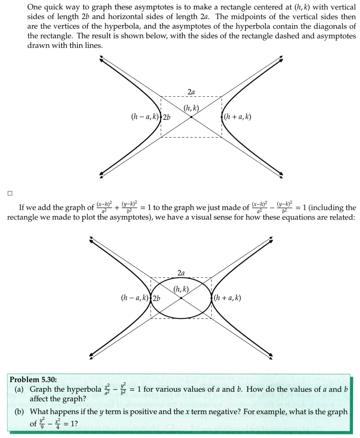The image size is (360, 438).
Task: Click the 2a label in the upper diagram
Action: [191, 92]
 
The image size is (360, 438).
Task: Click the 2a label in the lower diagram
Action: [181, 272]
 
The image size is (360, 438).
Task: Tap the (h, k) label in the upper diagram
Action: [191, 109]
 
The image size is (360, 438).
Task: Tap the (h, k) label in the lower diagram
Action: [181, 289]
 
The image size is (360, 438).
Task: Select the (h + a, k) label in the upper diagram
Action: [237, 117]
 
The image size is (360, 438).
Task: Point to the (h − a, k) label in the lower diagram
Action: [135, 298]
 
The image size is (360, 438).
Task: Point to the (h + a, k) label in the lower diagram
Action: [227, 298]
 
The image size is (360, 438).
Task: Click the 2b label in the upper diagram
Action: [166, 117]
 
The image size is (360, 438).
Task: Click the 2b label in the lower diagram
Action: [156, 298]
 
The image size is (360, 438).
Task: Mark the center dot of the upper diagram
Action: [191, 117]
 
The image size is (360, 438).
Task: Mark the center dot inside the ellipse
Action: [181, 298]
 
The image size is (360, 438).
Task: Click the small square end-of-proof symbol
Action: [10, 193]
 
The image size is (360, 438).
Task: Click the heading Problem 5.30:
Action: [33, 379]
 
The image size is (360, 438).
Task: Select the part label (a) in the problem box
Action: [19, 390]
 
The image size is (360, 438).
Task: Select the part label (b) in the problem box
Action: [20, 412]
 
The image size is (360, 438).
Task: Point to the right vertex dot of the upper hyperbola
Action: [222, 117]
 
